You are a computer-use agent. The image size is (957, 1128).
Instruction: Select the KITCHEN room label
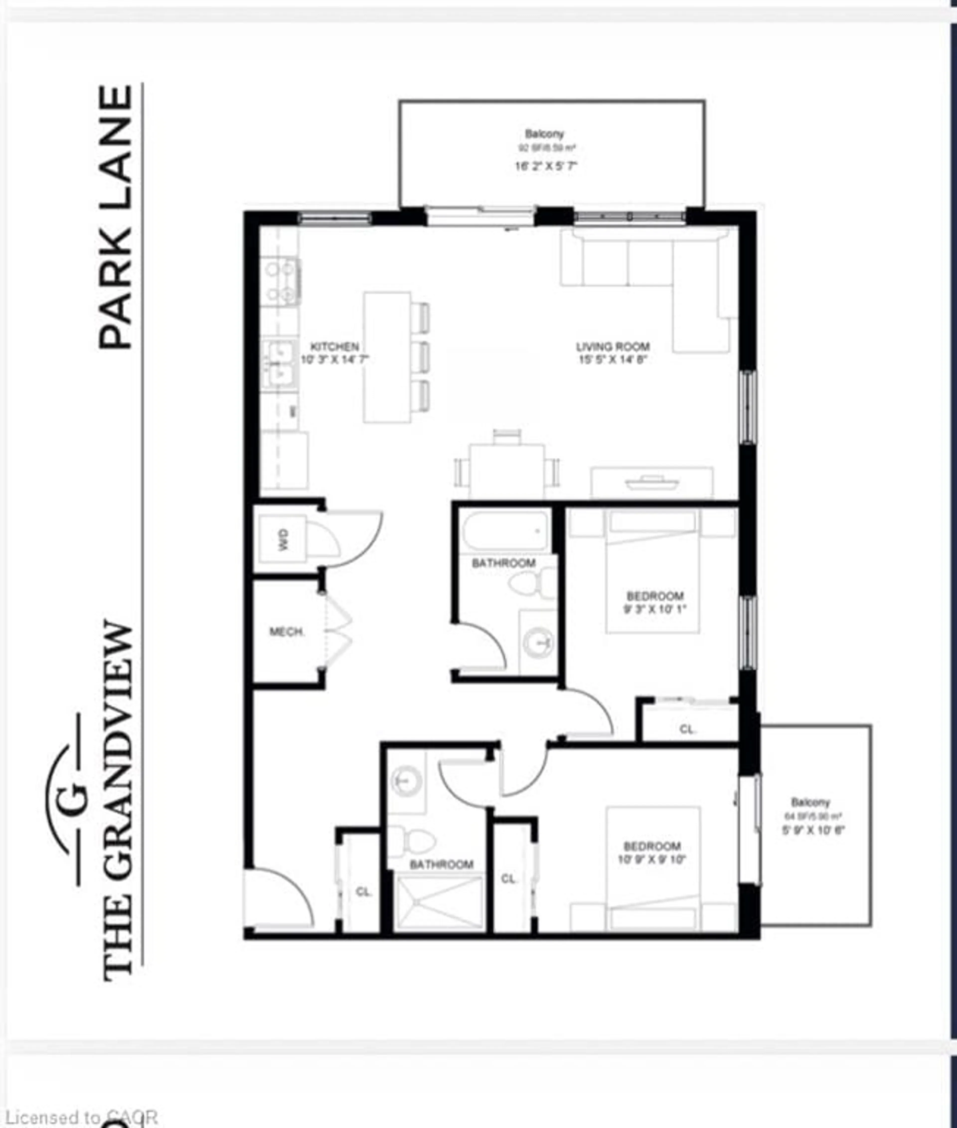point(334,346)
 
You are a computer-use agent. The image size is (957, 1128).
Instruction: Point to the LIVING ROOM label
point(613,346)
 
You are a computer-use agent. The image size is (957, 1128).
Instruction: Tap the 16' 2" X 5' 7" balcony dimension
point(545,166)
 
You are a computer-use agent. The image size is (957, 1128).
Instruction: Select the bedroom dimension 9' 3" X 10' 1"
point(655,609)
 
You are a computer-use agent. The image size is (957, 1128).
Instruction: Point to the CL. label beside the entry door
point(364,892)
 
